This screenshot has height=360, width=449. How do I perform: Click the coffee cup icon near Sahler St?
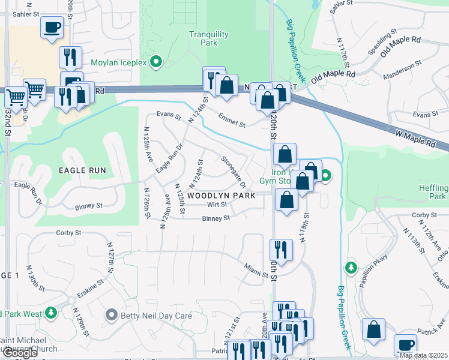[x=52, y=28]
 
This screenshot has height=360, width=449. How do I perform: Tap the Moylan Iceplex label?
[x=118, y=62]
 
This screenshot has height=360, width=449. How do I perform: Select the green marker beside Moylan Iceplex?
[x=156, y=62]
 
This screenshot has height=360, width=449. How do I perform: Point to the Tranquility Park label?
[x=208, y=39]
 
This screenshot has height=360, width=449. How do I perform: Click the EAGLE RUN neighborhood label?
[x=82, y=170]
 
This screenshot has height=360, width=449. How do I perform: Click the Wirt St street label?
[x=217, y=205]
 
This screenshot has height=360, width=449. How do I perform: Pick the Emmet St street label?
[x=232, y=121]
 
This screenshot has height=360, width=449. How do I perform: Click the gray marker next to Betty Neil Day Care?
[x=110, y=314]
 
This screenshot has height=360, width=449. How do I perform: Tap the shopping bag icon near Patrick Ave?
[x=374, y=330]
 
